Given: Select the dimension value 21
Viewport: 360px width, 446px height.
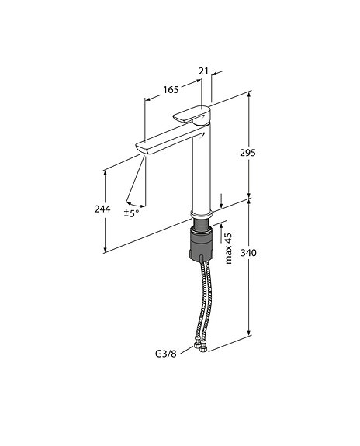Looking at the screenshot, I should (x=204, y=71).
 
